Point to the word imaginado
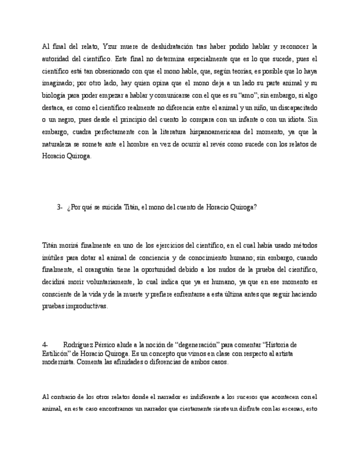click(x=58, y=83)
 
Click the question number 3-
click(x=59, y=207)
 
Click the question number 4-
click(x=45, y=345)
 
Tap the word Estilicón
click(x=56, y=353)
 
